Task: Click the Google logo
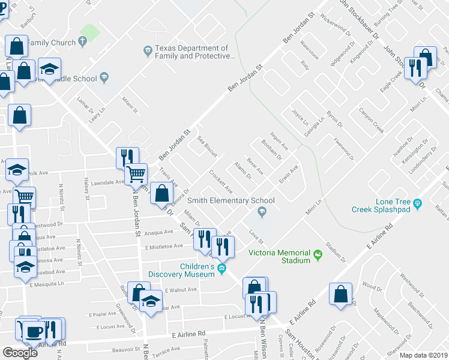pos(19,353)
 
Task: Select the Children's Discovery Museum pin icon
pos(222,268)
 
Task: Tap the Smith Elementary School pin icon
pos(262,211)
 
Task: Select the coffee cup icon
pos(32,329)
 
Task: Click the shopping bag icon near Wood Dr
pos(341,295)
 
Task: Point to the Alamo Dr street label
pos(243,170)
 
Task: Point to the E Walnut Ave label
pos(179,289)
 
